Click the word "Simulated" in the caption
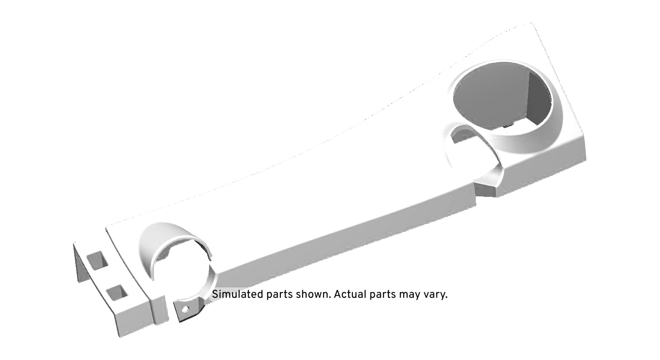[238, 294]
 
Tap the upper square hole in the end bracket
[97, 260]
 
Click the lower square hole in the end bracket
[117, 292]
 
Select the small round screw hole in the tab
[185, 309]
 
